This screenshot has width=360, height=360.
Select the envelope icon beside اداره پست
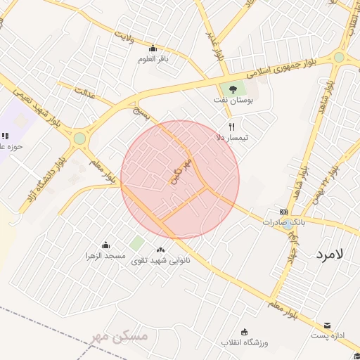(328, 326)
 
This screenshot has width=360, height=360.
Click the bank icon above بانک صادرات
(283, 212)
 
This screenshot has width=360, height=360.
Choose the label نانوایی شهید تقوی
(160, 260)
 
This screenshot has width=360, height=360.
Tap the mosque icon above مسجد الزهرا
(105, 245)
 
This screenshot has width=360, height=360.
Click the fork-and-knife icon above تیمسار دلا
(231, 127)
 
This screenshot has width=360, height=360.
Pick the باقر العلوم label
(153, 59)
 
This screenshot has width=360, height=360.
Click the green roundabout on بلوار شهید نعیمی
(79, 139)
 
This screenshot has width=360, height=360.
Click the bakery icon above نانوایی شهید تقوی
(161, 250)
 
